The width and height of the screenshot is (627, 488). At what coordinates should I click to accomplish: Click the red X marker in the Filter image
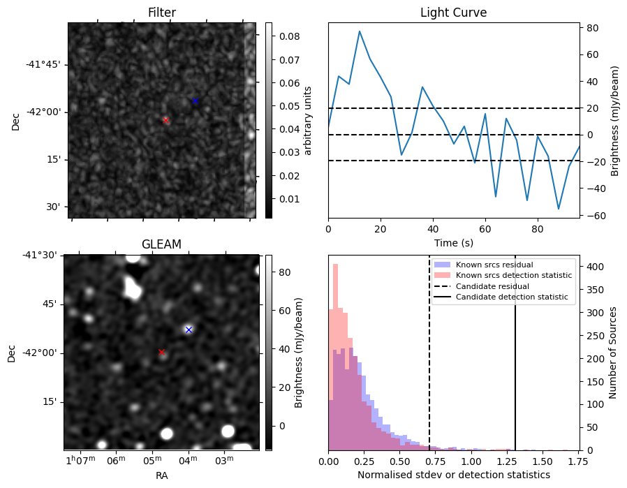tap(165, 120)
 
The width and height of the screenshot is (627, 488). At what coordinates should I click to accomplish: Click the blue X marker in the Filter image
tap(195, 101)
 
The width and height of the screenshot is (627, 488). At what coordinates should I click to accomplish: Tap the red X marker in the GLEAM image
tap(161, 352)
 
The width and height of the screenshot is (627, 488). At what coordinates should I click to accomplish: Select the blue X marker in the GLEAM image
tap(189, 330)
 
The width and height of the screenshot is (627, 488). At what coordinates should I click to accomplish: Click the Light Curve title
tap(453, 13)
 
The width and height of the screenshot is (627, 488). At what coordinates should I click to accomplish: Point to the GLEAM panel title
tap(161, 244)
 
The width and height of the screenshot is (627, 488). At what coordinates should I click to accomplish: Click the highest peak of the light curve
tap(360, 31)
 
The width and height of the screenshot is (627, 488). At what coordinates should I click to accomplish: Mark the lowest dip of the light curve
tap(559, 209)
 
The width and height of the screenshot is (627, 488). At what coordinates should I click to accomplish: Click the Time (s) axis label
tap(453, 242)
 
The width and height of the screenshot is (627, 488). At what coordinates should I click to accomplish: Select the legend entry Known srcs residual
tap(494, 265)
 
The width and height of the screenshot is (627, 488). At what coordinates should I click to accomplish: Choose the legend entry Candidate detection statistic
tap(512, 297)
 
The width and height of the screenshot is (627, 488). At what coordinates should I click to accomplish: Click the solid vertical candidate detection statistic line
tap(515, 353)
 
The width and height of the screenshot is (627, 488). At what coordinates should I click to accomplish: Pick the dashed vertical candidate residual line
tap(429, 353)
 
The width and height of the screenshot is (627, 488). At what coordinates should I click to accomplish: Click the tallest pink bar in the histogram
tap(335, 357)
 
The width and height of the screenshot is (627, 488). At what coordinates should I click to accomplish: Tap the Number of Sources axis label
tap(612, 353)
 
